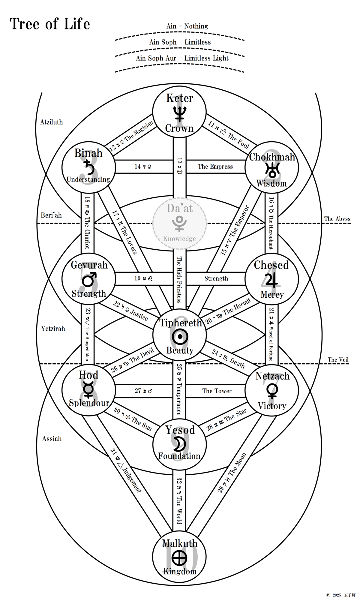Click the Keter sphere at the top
[179, 112]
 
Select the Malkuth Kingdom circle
[179, 557]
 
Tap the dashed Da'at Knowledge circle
[179, 223]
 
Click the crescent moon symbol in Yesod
[180, 443]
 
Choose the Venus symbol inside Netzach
[272, 391]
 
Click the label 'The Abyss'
[337, 219]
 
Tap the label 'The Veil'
[338, 359]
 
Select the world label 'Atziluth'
[52, 122]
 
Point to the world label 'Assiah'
[52, 439]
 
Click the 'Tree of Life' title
[50, 24]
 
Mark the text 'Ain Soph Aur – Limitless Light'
[182, 58]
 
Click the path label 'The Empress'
[215, 167]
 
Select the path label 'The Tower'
[217, 391]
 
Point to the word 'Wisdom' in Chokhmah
[271, 183]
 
